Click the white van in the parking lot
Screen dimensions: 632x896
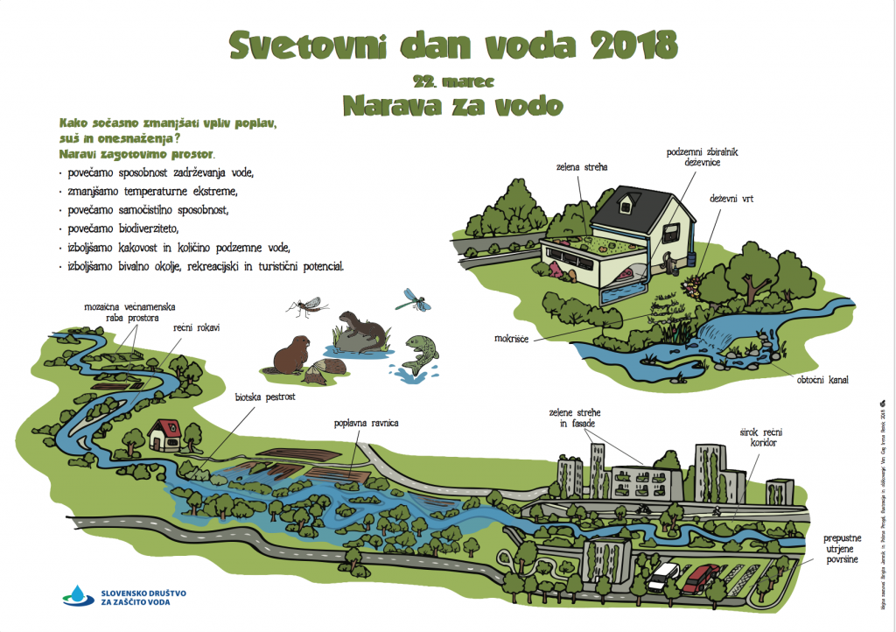[664, 575]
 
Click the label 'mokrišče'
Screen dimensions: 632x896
[510, 336]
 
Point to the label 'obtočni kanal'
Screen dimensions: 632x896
[821, 381]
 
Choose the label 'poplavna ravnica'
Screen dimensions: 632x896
[367, 423]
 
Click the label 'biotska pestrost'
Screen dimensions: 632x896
[264, 397]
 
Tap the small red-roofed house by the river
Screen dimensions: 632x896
[164, 433]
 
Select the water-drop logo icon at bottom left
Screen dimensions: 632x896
[77, 595]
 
